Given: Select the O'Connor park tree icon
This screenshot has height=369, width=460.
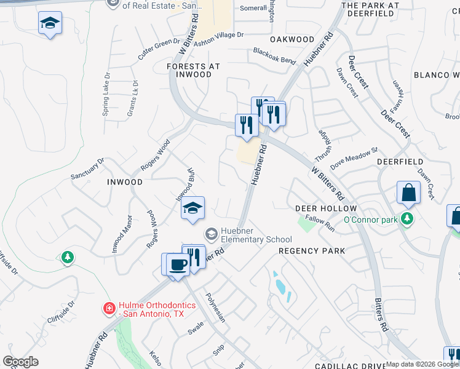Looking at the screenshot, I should pos(406,218).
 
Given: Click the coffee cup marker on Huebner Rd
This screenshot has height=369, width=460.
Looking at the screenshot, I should pos(177,265).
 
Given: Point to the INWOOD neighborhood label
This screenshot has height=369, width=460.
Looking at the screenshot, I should pos(125,183).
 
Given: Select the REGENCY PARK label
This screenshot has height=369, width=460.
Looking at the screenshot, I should pos(312,251).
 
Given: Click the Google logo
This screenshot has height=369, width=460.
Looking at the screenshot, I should pos(20,362).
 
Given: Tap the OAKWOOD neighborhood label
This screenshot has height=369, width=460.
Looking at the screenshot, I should pos(293,39).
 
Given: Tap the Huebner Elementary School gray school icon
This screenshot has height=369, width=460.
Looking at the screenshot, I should pos(211,234).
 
